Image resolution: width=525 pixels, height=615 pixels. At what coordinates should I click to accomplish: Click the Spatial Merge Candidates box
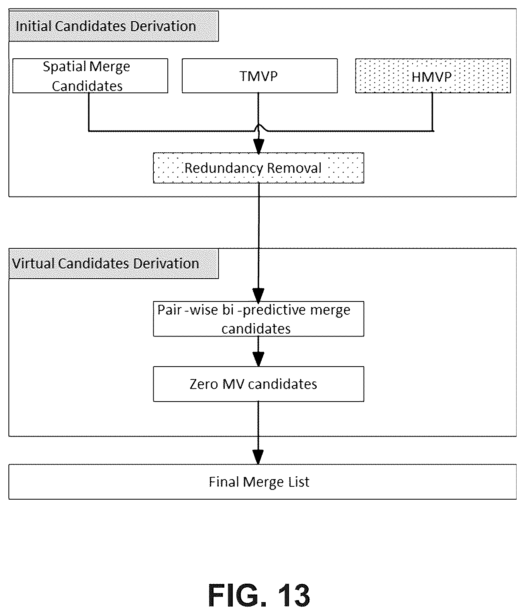click(90, 76)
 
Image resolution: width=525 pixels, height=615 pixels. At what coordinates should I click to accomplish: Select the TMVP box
click(259, 76)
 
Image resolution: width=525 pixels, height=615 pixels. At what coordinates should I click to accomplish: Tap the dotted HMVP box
click(433, 76)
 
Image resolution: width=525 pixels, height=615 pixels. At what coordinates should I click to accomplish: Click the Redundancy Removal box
click(258, 168)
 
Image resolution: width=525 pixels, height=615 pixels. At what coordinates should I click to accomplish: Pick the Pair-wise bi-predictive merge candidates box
click(258, 319)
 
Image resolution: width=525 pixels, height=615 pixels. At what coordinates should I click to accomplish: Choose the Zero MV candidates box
click(258, 384)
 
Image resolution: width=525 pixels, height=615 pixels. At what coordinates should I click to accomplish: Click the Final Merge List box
click(262, 482)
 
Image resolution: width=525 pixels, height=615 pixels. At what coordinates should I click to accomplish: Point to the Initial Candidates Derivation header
click(114, 26)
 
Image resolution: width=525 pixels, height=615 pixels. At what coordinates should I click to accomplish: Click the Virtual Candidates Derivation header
click(114, 264)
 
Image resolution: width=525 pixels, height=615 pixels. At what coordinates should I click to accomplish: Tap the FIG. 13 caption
click(259, 595)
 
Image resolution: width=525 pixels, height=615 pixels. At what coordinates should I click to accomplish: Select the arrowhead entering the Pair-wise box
click(258, 296)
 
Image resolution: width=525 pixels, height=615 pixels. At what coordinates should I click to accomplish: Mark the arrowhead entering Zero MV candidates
click(258, 359)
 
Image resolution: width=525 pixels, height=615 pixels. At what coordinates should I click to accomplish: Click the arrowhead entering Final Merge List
click(258, 457)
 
